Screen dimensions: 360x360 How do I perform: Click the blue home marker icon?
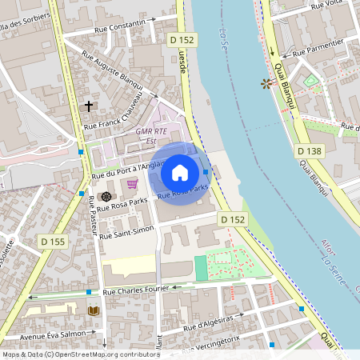180,173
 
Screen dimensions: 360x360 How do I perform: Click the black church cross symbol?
88,106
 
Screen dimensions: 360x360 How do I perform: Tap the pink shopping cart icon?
132,184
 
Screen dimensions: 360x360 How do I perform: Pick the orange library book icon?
94,310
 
